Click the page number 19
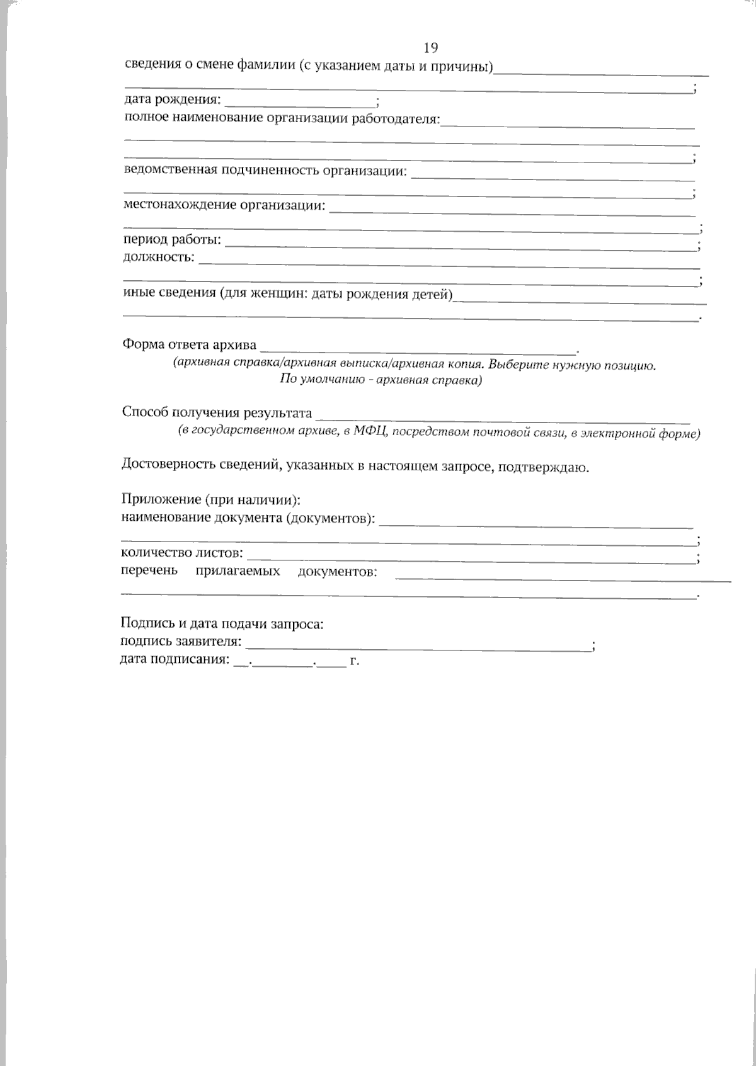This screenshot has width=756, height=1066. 430,48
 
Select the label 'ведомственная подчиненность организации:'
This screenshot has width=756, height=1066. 265,170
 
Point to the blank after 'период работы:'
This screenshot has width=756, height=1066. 460,242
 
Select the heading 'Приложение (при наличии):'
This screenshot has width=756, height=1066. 210,500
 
